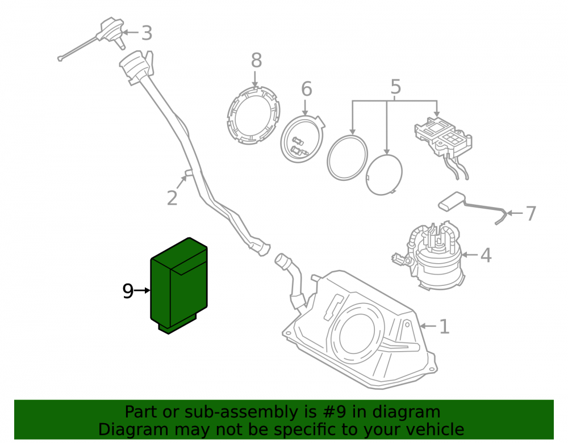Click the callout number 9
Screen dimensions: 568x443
point(128,291)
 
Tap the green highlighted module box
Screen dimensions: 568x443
point(179,286)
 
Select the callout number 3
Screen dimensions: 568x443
point(147,33)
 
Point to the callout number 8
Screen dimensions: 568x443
point(256,60)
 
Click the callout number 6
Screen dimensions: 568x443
point(307,89)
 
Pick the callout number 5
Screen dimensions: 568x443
point(395,87)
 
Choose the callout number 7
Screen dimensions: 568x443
point(531,213)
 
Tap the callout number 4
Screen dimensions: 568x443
point(486,255)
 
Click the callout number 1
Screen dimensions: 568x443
point(444,327)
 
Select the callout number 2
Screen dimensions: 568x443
point(172,198)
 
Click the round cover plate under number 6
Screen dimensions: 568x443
point(302,138)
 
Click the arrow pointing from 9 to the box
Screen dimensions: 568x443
point(142,290)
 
